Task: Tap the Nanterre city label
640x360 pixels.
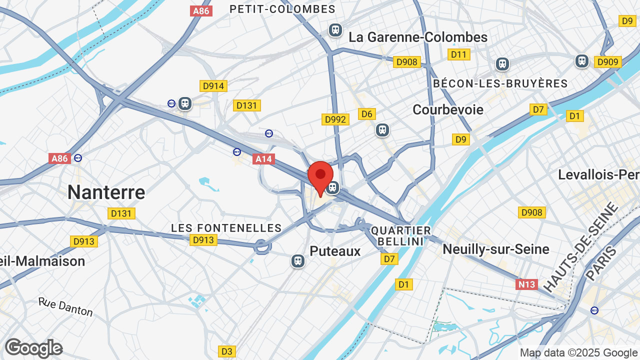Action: coord(106,192)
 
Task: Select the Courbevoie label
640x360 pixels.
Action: coord(448,109)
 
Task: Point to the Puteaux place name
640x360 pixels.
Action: coord(335,251)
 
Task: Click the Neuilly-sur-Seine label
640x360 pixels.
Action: coord(496,249)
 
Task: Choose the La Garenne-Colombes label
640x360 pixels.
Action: coord(418,37)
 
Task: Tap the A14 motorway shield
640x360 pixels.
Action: coord(263,159)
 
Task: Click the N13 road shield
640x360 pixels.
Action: coord(526,284)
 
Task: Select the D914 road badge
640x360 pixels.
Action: coord(213,86)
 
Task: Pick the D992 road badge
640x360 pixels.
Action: coord(335,119)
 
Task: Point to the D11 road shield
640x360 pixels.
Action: coord(459,54)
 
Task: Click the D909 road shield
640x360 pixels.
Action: coord(608,62)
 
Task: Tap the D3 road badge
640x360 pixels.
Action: coord(226,351)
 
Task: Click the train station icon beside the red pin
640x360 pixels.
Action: coord(332,188)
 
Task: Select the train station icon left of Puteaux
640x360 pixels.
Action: coord(298,261)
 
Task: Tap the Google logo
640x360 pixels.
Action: coord(33,348)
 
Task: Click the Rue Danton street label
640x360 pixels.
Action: coord(65,307)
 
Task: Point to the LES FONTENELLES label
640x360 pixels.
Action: coord(226,228)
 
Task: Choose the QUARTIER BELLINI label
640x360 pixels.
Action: coord(401,236)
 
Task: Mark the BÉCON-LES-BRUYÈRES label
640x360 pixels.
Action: coord(500,83)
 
